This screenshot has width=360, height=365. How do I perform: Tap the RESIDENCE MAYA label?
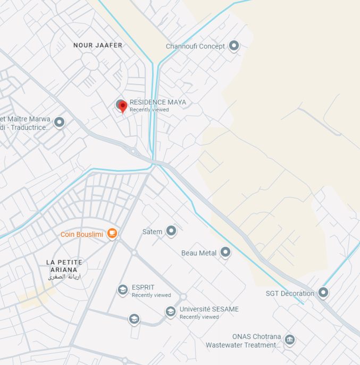[158, 102]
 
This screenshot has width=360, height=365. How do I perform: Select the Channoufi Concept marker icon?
[233, 46]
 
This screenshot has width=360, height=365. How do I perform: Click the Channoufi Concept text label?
[195, 46]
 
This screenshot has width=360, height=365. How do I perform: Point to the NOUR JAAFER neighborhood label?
[98, 45]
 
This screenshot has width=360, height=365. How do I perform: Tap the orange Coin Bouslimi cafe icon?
[112, 233]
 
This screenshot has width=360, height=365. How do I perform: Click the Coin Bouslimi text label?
[82, 234]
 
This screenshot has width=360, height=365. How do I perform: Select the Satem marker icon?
[171, 231]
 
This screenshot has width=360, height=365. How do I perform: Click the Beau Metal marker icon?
[225, 252]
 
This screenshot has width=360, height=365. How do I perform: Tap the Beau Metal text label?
[199, 253]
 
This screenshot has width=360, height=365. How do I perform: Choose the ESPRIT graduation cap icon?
[123, 289]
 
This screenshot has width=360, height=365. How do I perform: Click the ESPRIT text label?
[143, 287]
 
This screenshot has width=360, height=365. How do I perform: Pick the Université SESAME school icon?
[171, 312]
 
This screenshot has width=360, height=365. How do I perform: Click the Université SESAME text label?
[209, 309]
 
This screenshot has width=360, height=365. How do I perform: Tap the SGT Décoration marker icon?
[323, 293]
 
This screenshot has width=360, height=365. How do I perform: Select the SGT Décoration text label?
[290, 293]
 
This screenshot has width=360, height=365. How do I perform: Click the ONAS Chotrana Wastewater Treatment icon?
[290, 339]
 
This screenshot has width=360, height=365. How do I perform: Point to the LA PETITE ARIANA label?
[64, 266]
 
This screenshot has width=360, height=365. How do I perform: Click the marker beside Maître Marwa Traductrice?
[59, 122]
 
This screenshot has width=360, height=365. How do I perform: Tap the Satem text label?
[152, 232]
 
